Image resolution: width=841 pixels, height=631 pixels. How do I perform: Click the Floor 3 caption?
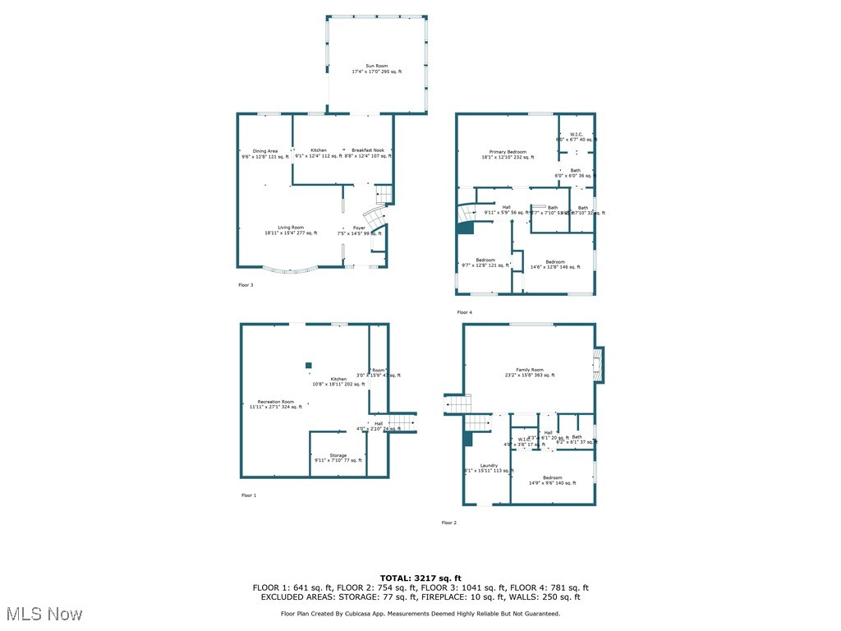click(246, 285)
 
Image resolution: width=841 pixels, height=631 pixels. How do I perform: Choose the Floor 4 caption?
click(465, 312)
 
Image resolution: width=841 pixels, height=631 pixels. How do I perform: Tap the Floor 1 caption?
click(249, 495)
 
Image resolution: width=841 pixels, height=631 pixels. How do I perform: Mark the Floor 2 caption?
click(449, 523)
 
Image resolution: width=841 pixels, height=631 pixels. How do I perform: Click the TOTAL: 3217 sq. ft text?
click(420, 578)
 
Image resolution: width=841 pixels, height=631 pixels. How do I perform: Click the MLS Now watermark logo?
click(44, 614)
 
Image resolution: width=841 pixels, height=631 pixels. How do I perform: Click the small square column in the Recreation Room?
click(309, 365)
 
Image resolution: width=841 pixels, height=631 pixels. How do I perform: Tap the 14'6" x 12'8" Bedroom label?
click(548, 264)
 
